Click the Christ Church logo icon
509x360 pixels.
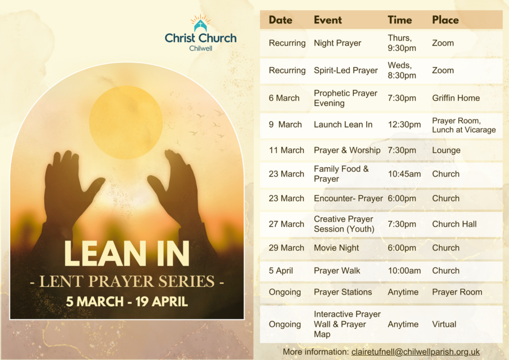201,23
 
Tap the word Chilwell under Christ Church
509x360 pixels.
201,48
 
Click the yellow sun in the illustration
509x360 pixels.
126,122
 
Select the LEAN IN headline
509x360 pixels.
127,254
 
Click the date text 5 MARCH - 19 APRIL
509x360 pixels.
127,301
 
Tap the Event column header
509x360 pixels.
328,20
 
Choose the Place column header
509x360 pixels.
445,20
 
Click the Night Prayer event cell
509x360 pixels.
338,43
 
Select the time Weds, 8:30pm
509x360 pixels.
402,71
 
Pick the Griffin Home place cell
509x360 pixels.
456,98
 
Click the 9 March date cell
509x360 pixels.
285,125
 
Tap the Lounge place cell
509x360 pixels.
446,150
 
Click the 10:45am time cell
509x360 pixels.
405,174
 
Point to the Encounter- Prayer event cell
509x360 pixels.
348,198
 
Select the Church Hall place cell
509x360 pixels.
454,224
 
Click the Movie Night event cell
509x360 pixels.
337,248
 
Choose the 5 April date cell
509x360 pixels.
281,270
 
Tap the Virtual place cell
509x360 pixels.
444,324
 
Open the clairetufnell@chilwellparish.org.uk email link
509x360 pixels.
416,352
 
